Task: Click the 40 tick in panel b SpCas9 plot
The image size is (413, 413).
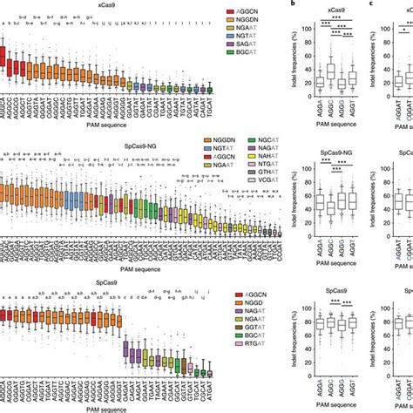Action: click(x=306, y=363)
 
